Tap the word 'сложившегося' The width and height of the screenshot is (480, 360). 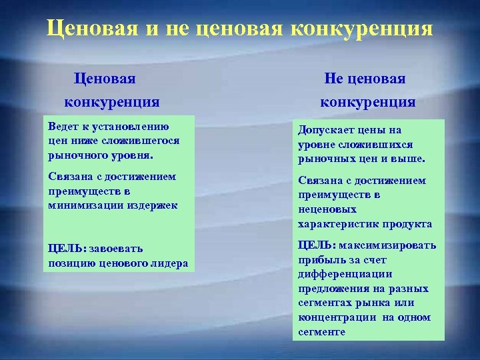[x=141, y=141]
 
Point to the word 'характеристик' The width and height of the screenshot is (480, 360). [x=339, y=224]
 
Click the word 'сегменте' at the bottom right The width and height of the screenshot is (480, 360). [x=321, y=331]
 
